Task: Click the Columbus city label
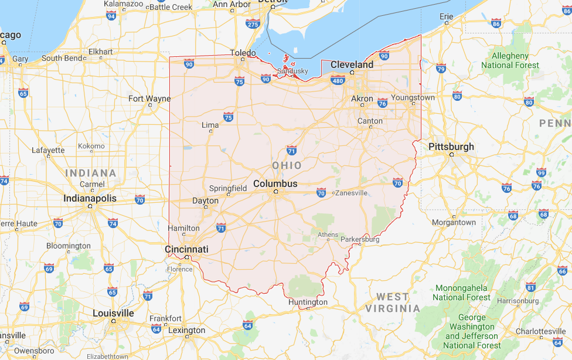(275, 184)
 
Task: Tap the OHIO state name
(287, 165)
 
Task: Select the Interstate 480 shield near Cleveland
(338, 80)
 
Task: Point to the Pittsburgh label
(451, 147)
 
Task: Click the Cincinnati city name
(186, 249)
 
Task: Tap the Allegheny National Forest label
(510, 60)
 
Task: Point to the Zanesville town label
(352, 192)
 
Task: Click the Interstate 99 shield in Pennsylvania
(541, 172)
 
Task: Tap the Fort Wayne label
(149, 99)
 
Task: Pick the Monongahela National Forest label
(461, 293)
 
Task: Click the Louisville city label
(113, 313)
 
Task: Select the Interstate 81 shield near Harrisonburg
(530, 287)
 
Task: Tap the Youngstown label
(413, 97)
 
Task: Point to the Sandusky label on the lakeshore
(292, 71)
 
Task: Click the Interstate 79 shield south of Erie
(441, 69)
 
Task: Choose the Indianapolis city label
(90, 198)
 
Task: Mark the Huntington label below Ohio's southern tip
(308, 302)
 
